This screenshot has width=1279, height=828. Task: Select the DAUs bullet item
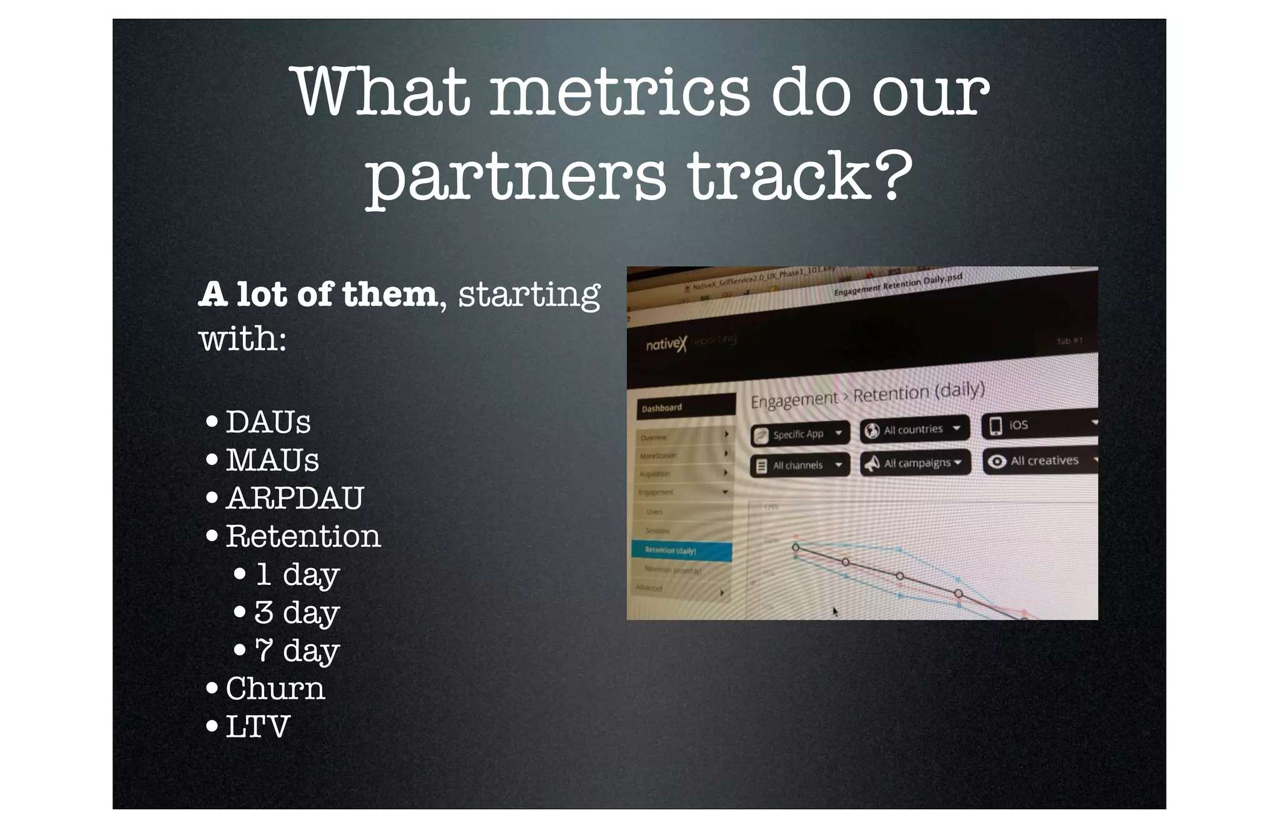pos(268,422)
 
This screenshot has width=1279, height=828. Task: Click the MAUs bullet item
pos(272,461)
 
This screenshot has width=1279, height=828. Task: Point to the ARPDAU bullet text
pos(295,499)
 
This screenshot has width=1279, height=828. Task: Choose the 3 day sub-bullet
pos(297,612)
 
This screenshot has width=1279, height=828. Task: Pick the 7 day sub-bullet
pos(297,651)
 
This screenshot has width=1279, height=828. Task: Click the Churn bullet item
pos(275,689)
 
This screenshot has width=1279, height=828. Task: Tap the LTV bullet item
pos(257,727)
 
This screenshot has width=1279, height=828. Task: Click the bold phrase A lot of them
pos(317,294)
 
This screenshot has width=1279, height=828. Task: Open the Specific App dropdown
pos(800,434)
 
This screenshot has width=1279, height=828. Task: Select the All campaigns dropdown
pos(916,463)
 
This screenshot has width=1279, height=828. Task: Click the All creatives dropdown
pos(1040,461)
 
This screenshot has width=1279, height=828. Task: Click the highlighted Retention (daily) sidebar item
pos(681,551)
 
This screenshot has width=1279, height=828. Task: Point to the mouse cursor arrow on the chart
pos(835,611)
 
